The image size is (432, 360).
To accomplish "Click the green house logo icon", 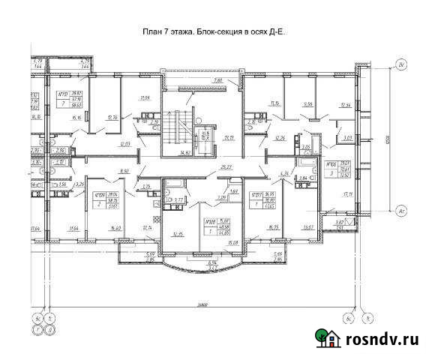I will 327,339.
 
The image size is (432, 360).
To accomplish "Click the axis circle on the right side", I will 402,211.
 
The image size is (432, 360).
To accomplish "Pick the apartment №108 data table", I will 216,227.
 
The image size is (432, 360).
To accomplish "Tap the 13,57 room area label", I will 307,227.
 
